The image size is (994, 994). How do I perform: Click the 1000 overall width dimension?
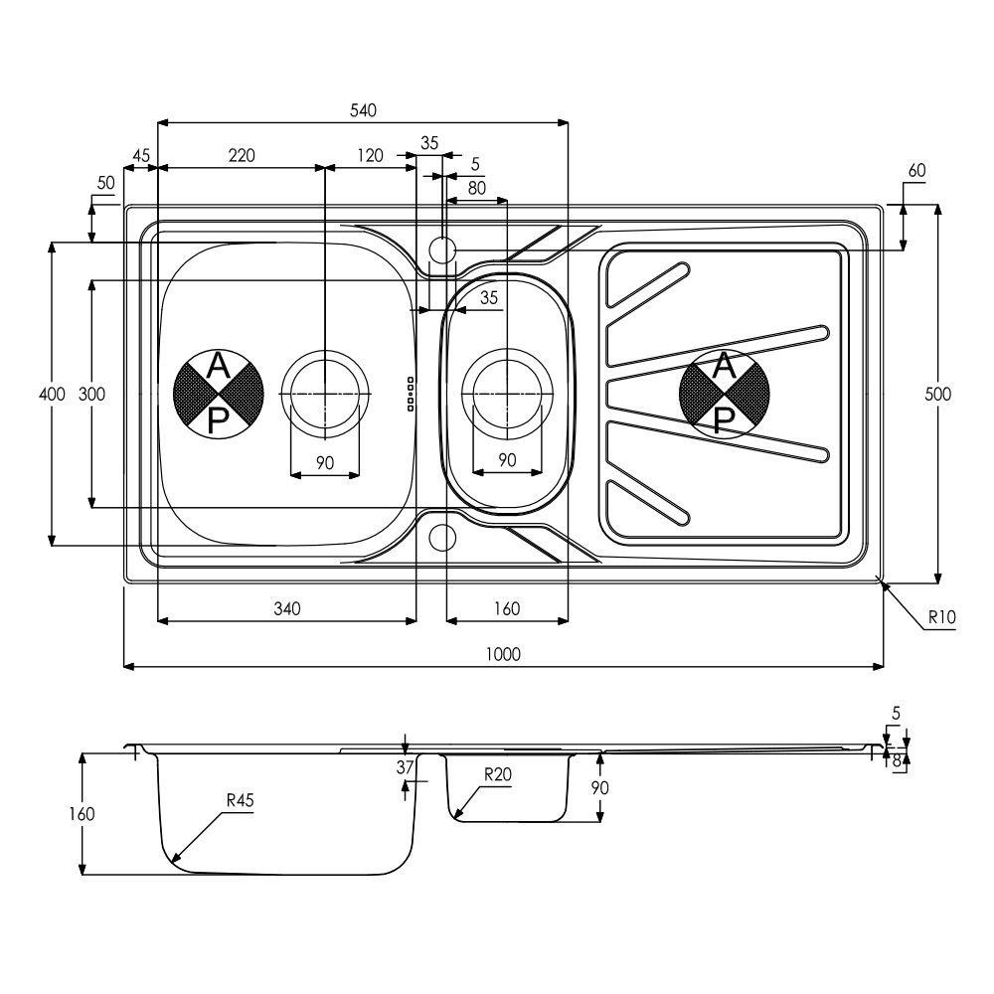point(503,654)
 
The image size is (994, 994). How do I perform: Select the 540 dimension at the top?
point(363,110)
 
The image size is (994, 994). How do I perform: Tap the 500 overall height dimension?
point(937,394)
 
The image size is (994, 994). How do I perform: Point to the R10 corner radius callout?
point(941,617)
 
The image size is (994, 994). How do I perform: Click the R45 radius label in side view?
point(241,800)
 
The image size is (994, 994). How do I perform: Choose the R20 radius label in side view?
point(498,774)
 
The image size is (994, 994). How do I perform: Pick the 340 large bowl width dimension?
point(287,608)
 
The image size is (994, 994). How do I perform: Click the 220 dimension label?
point(242,155)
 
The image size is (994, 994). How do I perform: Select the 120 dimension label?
point(370,155)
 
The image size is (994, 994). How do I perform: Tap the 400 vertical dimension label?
point(52,394)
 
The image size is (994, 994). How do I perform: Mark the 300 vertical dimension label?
point(91,394)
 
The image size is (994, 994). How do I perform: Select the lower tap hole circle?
point(442,538)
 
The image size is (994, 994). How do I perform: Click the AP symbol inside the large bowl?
point(218,394)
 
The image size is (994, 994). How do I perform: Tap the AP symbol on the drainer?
point(724,394)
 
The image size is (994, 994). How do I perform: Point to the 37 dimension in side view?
point(405,767)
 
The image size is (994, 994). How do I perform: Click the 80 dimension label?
point(477,188)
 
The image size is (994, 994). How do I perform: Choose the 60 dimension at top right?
point(916,170)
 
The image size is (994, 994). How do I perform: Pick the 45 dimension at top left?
point(141,155)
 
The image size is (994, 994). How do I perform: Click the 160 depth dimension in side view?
point(82,813)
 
